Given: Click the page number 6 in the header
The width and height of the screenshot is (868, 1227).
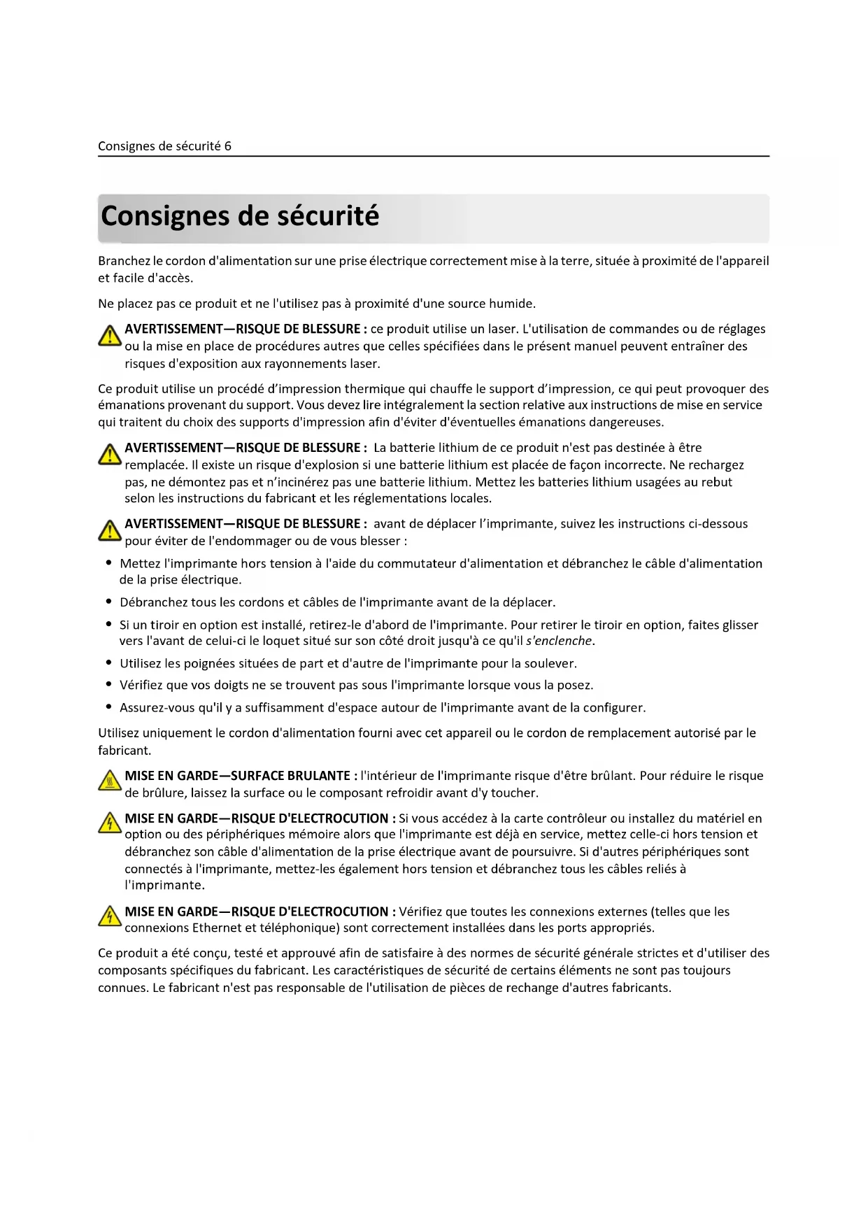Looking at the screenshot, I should pos(227,146).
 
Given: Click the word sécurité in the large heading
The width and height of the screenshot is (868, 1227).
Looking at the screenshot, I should pos(328,215).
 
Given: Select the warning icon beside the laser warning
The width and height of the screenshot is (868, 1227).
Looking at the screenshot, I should pos(110,336).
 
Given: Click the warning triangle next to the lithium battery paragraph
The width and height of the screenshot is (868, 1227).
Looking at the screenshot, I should pos(110,455).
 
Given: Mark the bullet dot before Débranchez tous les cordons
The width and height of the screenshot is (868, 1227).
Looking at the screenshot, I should pos(108,602).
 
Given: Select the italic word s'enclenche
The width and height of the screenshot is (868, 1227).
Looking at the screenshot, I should pos(560,641).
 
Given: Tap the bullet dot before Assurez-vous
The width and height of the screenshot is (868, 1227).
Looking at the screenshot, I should pos(108,707).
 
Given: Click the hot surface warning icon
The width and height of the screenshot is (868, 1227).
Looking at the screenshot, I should pos(110,781).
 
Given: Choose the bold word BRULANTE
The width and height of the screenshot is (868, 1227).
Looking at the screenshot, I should pos(318,776).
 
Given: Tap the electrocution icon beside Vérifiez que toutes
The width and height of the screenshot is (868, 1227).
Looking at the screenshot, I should pos(110,916).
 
